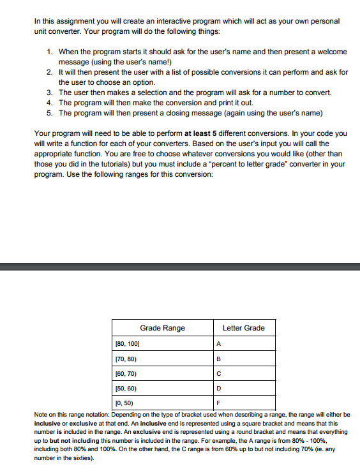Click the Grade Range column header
[162, 328]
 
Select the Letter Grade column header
[243, 328]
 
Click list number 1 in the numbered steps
[50, 50]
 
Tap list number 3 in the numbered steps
[50, 93]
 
